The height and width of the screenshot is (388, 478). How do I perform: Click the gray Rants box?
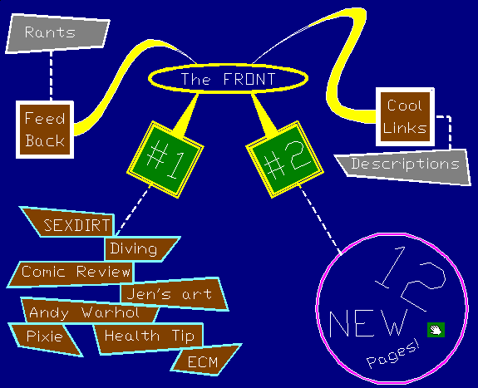pos(57,33)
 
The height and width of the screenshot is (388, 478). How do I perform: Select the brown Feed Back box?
pos(45,130)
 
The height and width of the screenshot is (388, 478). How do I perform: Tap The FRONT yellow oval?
pos(228,78)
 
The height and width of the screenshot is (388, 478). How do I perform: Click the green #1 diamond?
pos(165,160)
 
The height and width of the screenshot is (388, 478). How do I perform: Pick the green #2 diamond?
pos(284,160)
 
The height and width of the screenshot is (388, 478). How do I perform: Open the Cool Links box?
pos(405,117)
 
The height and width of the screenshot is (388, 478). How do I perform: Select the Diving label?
pos(142,249)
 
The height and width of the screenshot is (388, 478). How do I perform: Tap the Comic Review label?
pos(71,274)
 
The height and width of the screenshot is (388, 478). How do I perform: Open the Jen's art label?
pos(174,293)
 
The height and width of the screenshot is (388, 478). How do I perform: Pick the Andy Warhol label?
pos(90,311)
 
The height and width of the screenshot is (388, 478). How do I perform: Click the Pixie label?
pos(45,339)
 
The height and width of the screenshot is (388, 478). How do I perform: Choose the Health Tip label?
pos(149,337)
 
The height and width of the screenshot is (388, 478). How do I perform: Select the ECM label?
pos(206,361)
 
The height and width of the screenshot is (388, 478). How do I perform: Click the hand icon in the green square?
pos(436,330)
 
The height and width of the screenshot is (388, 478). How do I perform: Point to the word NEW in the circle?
pos(368,323)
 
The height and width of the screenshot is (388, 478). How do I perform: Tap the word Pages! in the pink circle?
pos(393,354)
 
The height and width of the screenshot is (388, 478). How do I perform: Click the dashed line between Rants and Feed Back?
pos(51,76)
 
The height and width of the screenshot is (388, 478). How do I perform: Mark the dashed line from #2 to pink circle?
pos(320,219)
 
